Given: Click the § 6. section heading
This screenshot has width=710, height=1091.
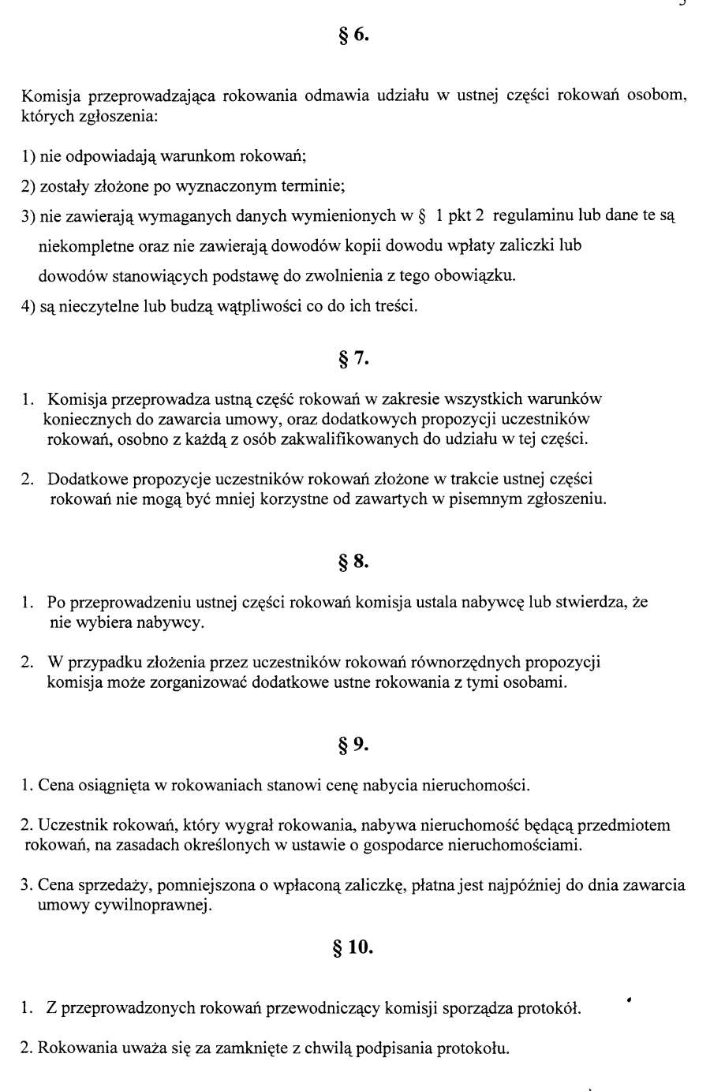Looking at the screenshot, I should coord(353,35).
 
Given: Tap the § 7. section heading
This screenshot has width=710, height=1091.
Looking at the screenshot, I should coord(353,359).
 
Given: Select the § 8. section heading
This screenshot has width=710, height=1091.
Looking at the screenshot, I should coord(353,562).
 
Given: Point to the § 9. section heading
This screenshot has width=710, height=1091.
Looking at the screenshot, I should coord(353,745).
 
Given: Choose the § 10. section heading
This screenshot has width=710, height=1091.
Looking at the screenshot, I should coord(353,947).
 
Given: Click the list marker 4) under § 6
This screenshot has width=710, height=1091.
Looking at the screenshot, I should coord(28,306).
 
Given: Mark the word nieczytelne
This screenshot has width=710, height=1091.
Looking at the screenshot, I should coord(96,306).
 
